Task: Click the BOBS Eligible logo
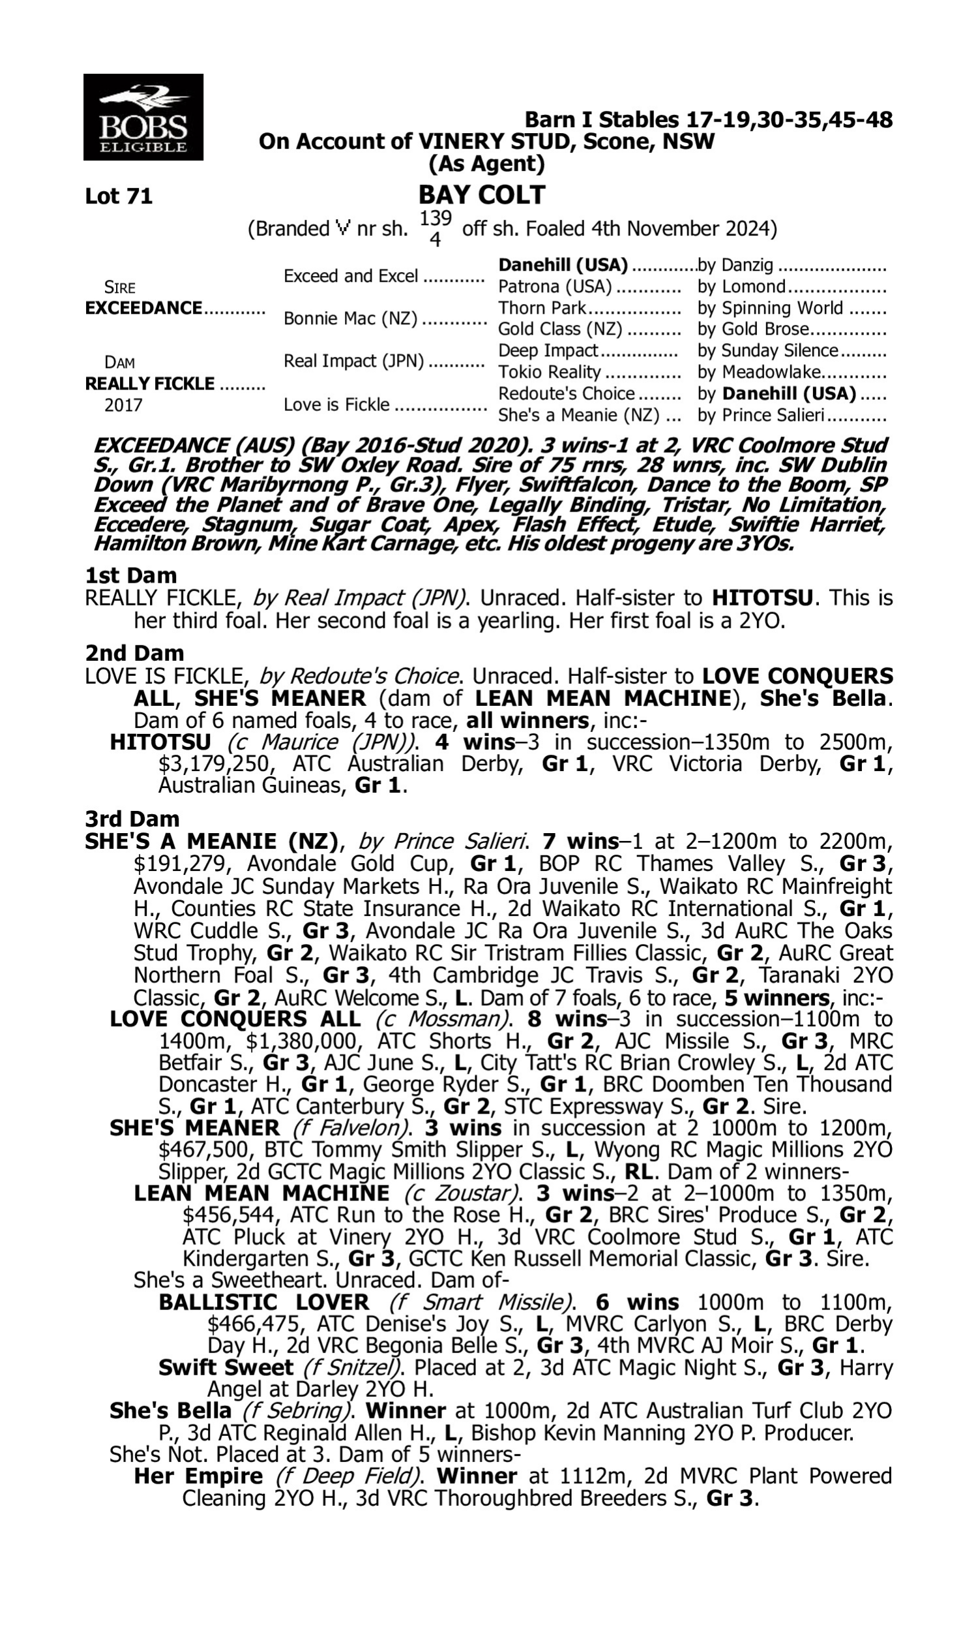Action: pyautogui.click(x=143, y=117)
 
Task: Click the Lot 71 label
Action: pyautogui.click(x=119, y=196)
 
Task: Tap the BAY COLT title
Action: pyautogui.click(x=482, y=194)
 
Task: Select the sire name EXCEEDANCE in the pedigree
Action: pyautogui.click(x=143, y=308)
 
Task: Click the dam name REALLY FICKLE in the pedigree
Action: pyautogui.click(x=149, y=384)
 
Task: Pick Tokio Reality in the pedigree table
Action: pyautogui.click(x=549, y=372)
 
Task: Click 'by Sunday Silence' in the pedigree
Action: pyautogui.click(x=768, y=350)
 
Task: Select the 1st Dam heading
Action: pyautogui.click(x=131, y=575)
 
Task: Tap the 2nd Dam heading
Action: pyautogui.click(x=134, y=652)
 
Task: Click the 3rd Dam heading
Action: pyautogui.click(x=132, y=818)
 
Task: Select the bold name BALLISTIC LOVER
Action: pyautogui.click(x=264, y=1302)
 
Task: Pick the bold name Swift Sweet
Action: pyautogui.click(x=226, y=1367)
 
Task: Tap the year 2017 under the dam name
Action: pyautogui.click(x=123, y=404)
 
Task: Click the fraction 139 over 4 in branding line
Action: pyautogui.click(x=435, y=228)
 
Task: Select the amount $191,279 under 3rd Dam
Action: pyautogui.click(x=183, y=863)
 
